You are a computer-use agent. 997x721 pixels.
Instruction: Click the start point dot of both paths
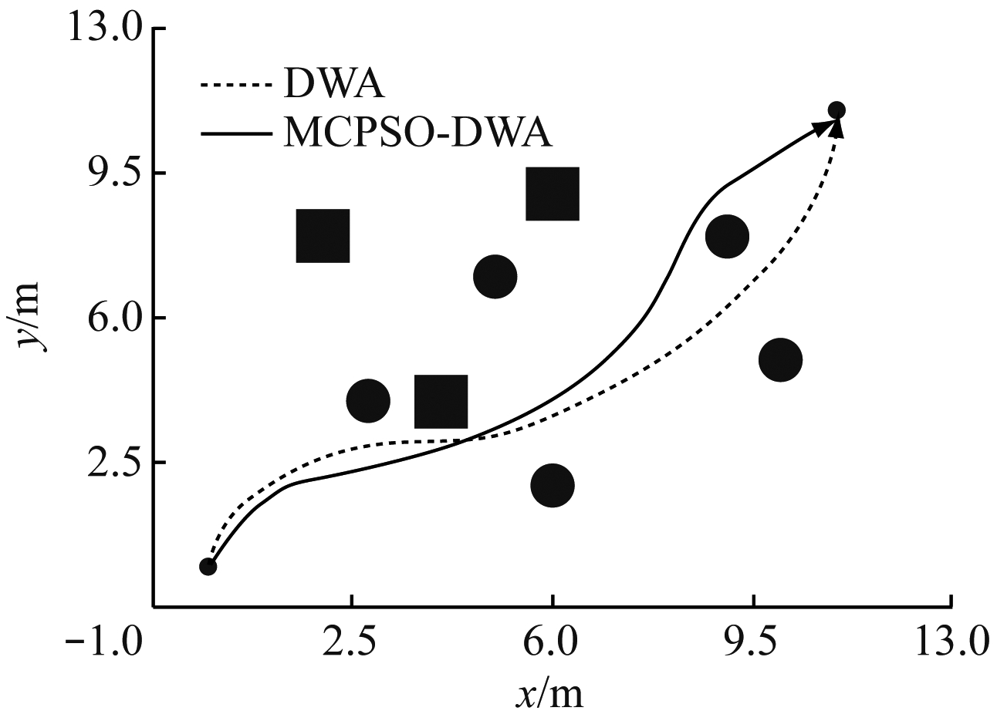coord(208,567)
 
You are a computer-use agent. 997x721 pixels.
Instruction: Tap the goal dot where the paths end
coord(836,110)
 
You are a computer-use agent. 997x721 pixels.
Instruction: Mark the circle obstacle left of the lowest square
coord(368,400)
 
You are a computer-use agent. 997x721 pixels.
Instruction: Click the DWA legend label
coord(334,84)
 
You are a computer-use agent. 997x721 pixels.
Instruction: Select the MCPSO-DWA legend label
coord(417,133)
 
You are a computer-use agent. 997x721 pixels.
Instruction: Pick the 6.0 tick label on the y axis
coord(111,318)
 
